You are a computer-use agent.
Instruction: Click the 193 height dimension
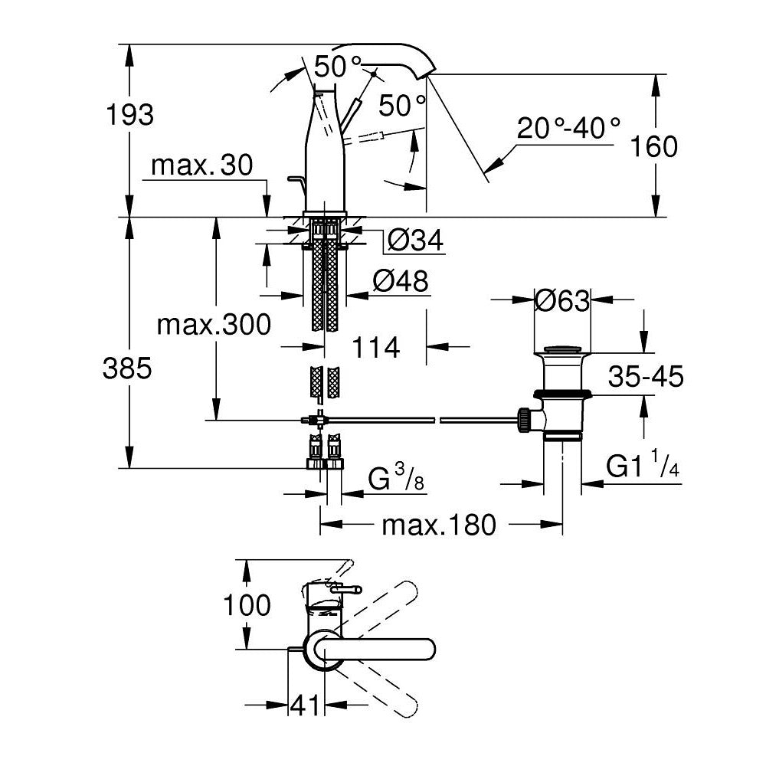point(131,116)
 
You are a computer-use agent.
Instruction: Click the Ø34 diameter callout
point(414,241)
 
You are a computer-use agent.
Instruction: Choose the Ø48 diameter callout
point(400,281)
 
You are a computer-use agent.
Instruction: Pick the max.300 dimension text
point(214,325)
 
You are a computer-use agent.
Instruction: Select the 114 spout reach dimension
point(376,347)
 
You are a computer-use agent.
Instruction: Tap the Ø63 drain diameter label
point(563,301)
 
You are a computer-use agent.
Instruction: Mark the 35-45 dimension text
point(646,376)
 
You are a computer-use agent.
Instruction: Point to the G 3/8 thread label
point(395,480)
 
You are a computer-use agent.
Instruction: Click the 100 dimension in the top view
point(247,605)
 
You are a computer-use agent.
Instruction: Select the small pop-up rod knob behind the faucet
point(294,180)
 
